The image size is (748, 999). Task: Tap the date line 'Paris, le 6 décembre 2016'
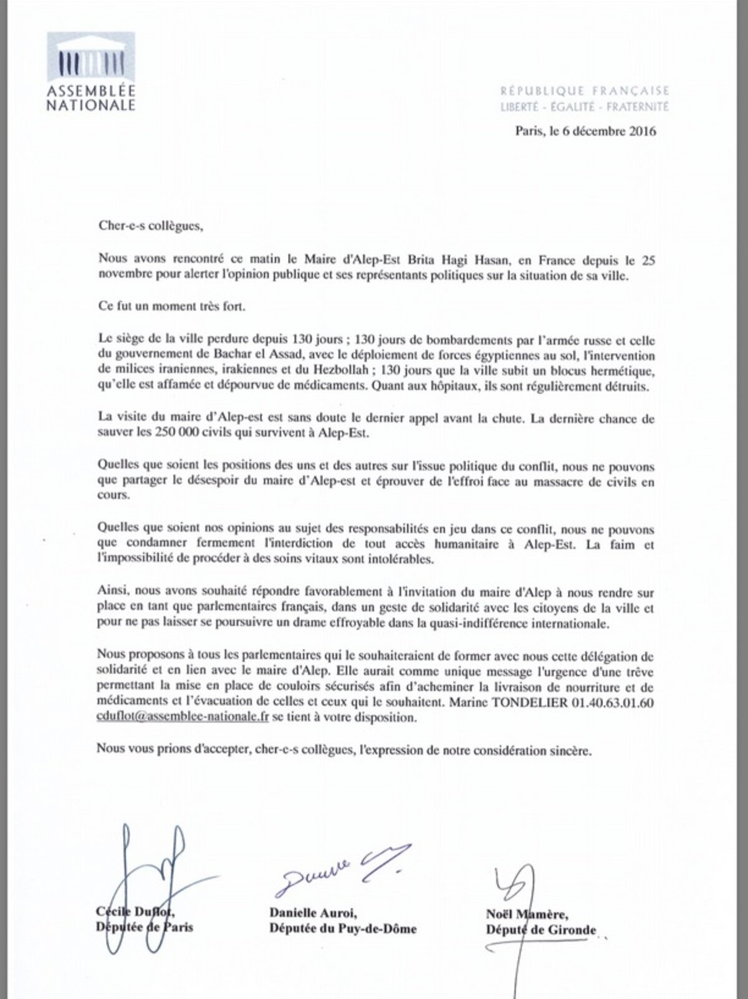pyautogui.click(x=577, y=132)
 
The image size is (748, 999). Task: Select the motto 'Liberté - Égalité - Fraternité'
pyautogui.click(x=585, y=107)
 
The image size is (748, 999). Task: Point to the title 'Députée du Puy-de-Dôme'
pyautogui.click(x=342, y=929)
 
